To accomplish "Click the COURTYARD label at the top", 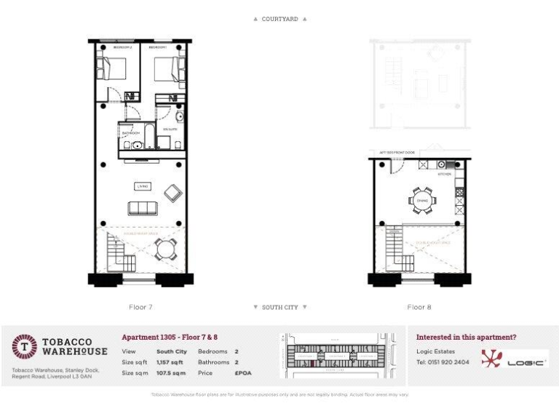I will pos(279,19).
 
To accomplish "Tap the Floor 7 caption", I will pos(140,307).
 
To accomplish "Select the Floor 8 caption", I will pos(419,307).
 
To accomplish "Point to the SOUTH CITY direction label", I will pos(279,307).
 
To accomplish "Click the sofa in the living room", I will pos(143,208).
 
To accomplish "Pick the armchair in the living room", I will pos(173,192).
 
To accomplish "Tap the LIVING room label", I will pos(143,186).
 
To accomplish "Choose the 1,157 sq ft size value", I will pos(168,362).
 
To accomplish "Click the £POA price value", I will pos(242,372).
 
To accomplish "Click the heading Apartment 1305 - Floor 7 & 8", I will pos(169,338).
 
